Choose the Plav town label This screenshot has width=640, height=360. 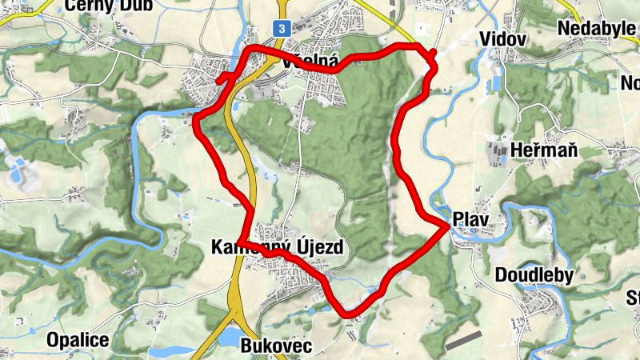pos(470,219)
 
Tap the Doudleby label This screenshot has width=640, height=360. pos(534,275)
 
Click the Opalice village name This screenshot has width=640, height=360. pos(78,340)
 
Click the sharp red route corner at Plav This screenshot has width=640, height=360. pos(446,226)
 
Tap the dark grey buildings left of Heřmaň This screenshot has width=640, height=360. pos(498,152)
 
